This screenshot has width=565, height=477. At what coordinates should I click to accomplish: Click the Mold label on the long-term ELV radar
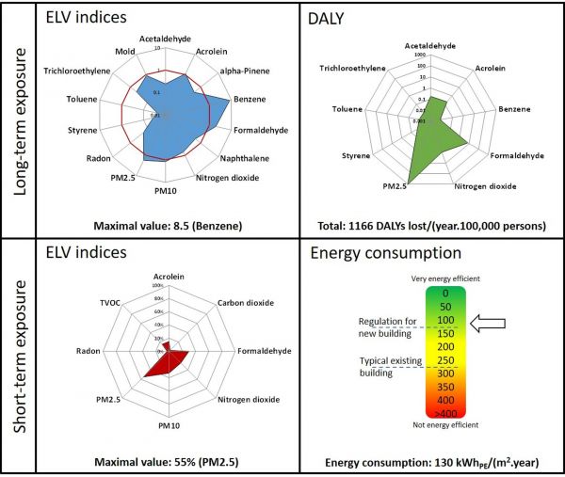point(125,52)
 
